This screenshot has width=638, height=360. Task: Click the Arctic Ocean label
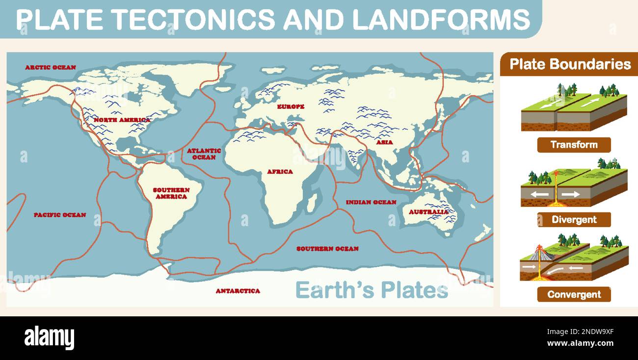(51, 67)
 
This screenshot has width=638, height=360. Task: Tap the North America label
(122, 120)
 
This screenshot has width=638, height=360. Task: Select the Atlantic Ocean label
(204, 154)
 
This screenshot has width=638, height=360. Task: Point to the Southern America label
(171, 193)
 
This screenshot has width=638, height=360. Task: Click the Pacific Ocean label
(60, 215)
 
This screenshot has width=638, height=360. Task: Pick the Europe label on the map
(291, 106)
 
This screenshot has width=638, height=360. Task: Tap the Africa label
(280, 172)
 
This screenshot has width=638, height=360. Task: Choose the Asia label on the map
(384, 142)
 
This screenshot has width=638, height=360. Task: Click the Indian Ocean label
(371, 202)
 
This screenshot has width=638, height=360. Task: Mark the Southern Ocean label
(327, 249)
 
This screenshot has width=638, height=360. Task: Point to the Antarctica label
(238, 291)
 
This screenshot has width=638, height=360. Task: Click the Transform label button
(574, 145)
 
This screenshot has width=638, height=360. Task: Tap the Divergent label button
(574, 219)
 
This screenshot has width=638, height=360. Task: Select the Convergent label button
(574, 294)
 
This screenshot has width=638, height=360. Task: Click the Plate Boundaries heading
(570, 64)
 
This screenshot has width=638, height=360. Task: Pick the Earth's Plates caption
(372, 290)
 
